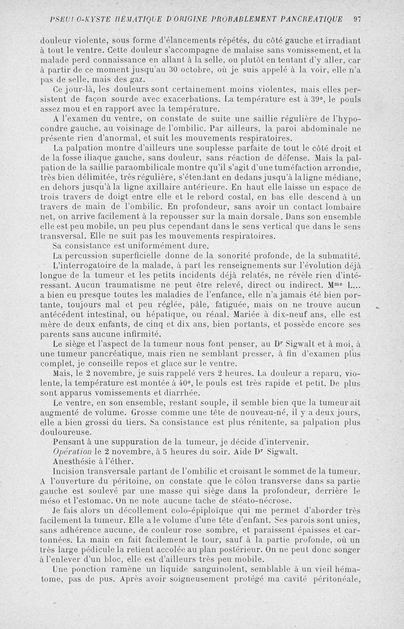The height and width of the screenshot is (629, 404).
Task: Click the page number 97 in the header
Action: tap(357, 20)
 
